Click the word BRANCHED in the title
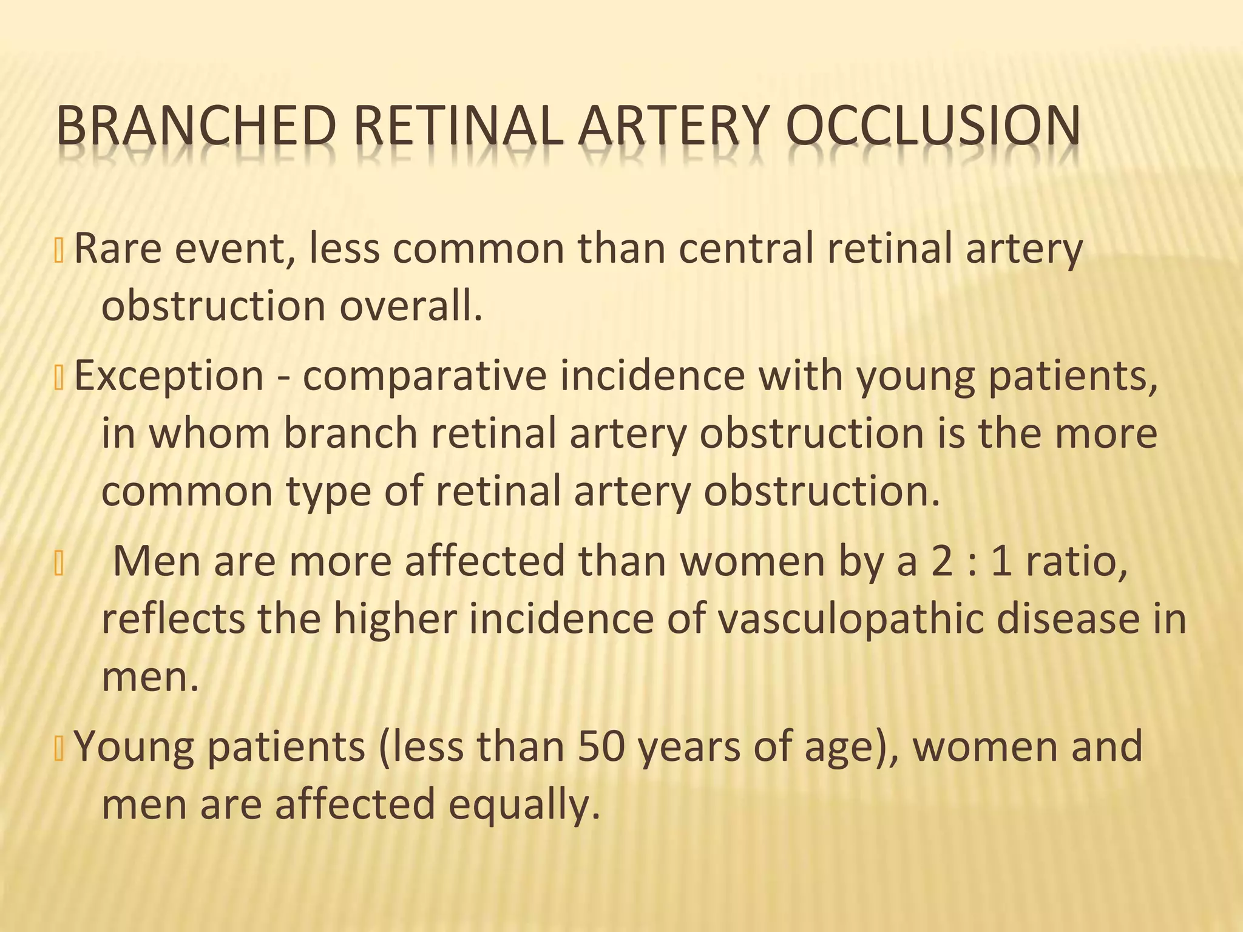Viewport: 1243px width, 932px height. click(x=196, y=126)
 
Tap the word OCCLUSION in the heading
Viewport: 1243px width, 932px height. click(x=932, y=126)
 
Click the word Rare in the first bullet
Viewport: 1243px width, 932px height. click(x=117, y=249)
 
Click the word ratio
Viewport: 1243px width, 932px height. click(x=1077, y=561)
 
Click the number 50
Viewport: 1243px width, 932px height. click(x=601, y=746)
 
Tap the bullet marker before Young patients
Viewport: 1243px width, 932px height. click(x=59, y=748)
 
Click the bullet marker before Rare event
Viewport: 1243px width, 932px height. click(x=59, y=250)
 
